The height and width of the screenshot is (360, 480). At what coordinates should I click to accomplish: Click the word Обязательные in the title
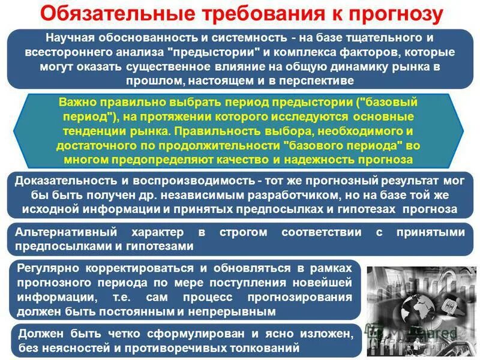tap(112, 13)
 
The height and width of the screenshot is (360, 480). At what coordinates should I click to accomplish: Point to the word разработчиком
tap(287, 195)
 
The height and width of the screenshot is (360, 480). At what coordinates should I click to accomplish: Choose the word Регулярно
tap(49, 268)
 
